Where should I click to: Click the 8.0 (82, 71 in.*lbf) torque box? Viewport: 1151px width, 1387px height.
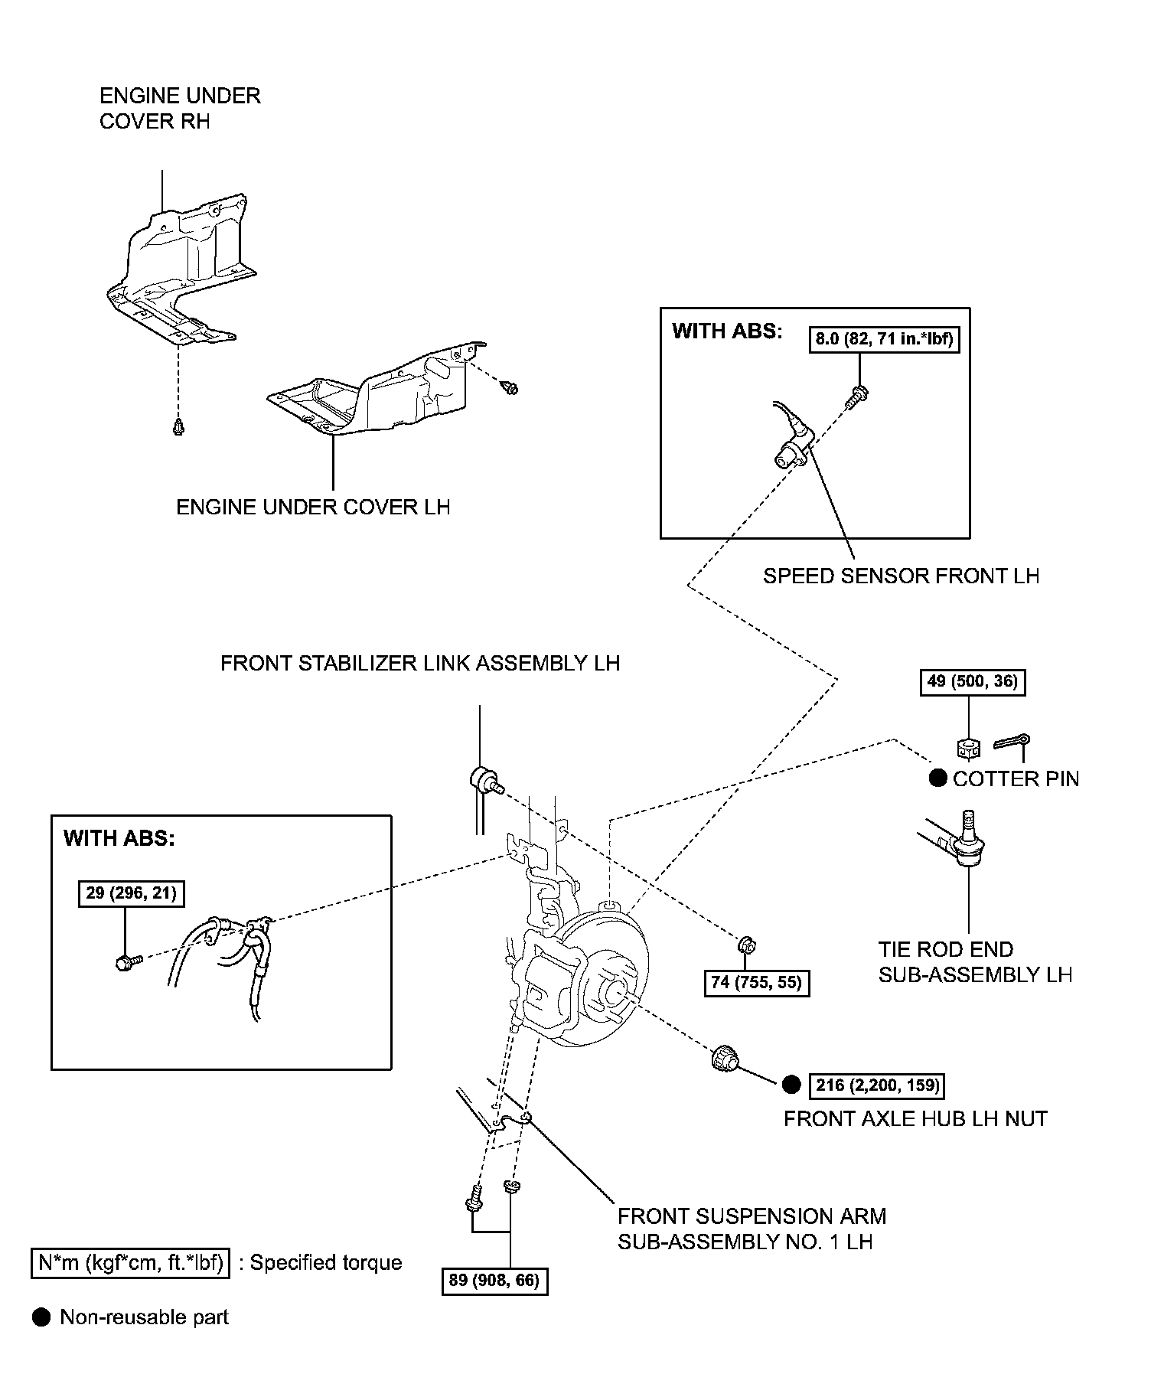pyautogui.click(x=884, y=338)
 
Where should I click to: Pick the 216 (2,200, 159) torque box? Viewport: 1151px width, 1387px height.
pyautogui.click(x=878, y=1085)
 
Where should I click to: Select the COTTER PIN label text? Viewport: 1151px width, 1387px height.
pyautogui.click(x=1016, y=778)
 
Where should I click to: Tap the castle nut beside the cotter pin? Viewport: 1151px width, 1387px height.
pyautogui.click(x=969, y=748)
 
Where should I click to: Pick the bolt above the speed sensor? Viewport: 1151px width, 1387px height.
pyautogui.click(x=859, y=396)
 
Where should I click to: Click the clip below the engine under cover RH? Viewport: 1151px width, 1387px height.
pyautogui.click(x=178, y=426)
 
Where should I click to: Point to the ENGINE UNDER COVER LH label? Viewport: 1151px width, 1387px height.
pyautogui.click(x=313, y=507)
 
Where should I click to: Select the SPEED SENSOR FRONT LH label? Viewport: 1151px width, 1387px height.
pyautogui.click(x=901, y=576)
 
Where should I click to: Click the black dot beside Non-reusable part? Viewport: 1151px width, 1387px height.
pyautogui.click(x=41, y=1317)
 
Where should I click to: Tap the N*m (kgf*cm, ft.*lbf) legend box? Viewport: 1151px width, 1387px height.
pyautogui.click(x=130, y=1262)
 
